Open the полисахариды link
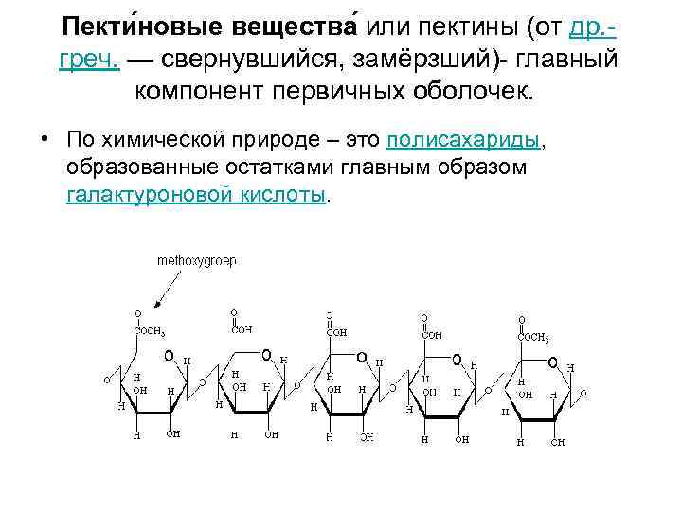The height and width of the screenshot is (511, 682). pos(463,140)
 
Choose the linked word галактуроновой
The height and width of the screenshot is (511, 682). pos(148,194)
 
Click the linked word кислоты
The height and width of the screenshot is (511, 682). pos(281,194)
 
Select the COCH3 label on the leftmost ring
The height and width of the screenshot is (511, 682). pos(151,332)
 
